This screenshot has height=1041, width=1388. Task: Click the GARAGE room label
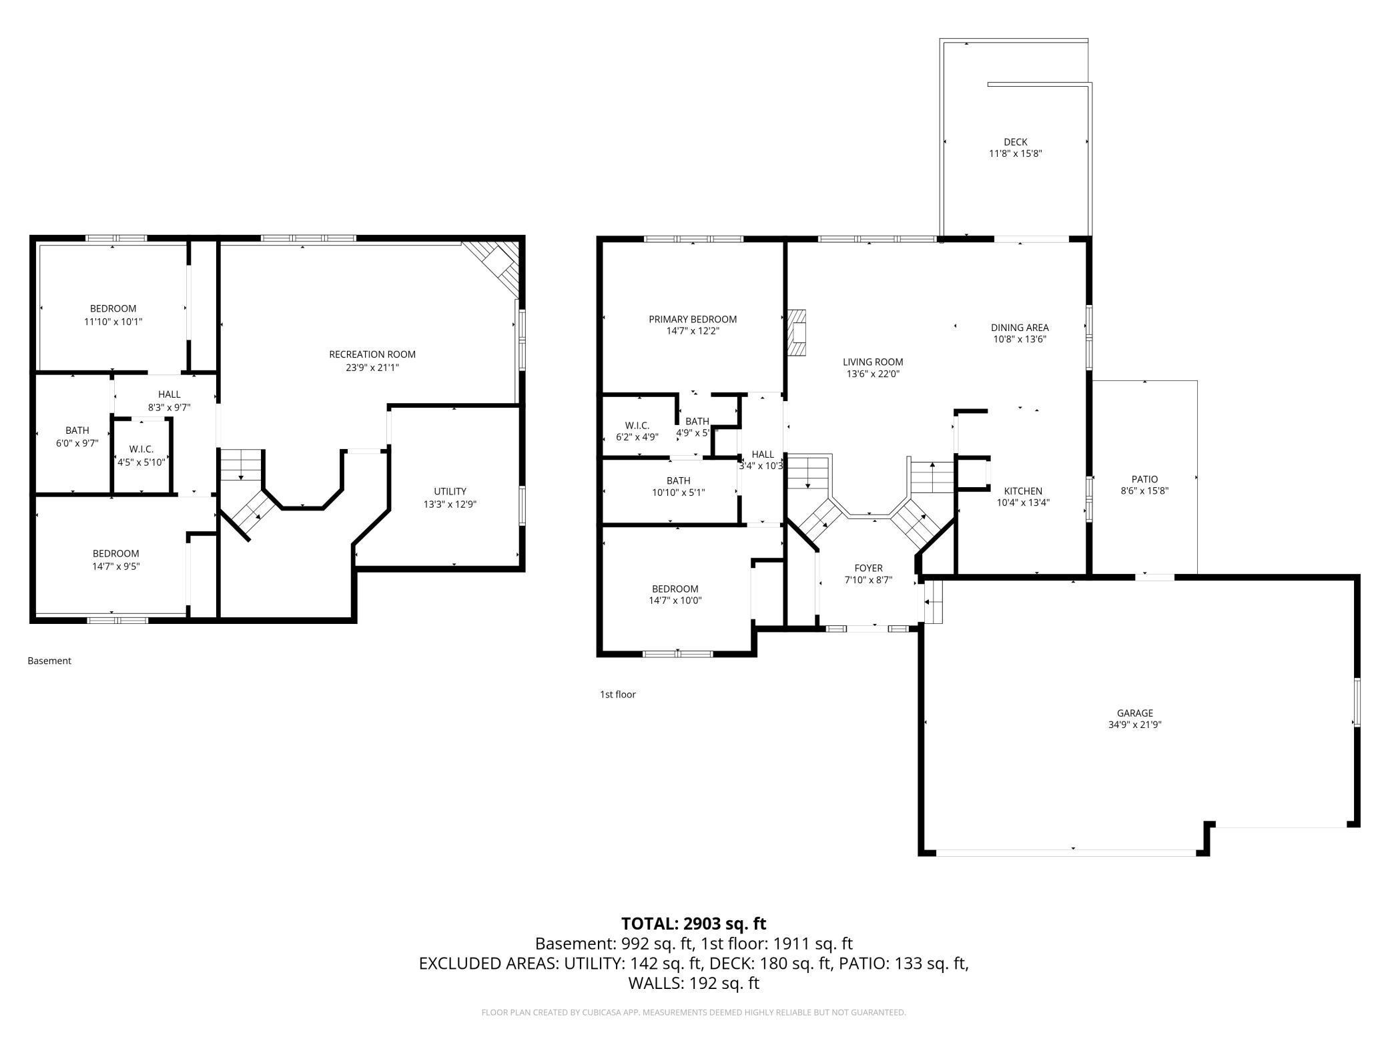click(x=1135, y=713)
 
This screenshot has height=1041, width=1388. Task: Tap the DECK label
click(x=1016, y=141)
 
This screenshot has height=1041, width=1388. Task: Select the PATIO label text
click(x=1144, y=479)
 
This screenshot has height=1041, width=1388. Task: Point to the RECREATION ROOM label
click(x=372, y=354)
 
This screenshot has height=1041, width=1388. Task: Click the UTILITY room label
click(x=450, y=491)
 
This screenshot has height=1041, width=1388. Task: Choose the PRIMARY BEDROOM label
click(x=693, y=319)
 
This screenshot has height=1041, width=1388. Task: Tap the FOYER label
click(x=868, y=569)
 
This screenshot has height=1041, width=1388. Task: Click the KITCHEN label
click(x=1023, y=491)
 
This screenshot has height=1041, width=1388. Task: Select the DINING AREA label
click(x=1020, y=328)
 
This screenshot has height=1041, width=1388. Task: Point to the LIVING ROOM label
click(x=873, y=362)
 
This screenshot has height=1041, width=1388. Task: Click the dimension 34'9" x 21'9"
click(x=1135, y=724)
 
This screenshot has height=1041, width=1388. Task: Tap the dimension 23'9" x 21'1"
click(x=372, y=367)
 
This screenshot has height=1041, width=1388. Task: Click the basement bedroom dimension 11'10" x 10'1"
click(x=113, y=322)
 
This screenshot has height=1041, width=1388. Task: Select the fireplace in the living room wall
click(x=797, y=334)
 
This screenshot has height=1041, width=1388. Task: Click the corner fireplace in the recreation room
click(x=494, y=267)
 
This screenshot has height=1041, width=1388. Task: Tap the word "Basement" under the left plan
click(x=49, y=661)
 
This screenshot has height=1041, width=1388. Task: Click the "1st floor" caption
click(x=618, y=694)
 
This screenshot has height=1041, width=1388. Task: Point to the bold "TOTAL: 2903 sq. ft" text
click(x=694, y=924)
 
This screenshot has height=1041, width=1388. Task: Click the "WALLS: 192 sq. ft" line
click(x=694, y=983)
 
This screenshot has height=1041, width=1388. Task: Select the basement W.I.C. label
click(x=141, y=449)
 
